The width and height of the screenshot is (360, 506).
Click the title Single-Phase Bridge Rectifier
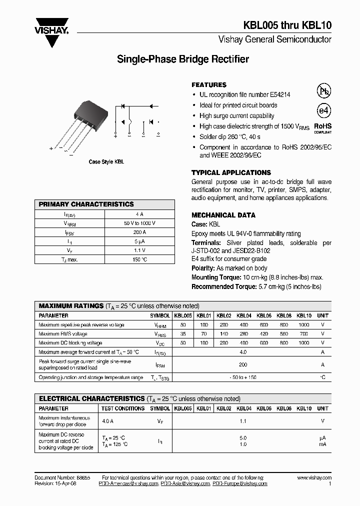[182, 59]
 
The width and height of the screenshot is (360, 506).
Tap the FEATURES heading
[209, 85]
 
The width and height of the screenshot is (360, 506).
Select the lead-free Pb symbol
[324, 91]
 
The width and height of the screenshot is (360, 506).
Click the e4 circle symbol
[324, 110]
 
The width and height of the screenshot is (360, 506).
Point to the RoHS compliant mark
[322, 128]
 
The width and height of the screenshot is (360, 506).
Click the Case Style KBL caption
[106, 162]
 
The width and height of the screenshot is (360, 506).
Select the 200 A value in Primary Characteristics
[139, 232]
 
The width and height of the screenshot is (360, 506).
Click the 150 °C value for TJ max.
[139, 259]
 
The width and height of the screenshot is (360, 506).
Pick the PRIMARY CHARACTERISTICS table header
[86, 204]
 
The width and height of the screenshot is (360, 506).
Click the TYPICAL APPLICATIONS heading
[231, 172]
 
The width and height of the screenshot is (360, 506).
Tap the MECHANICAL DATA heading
[223, 215]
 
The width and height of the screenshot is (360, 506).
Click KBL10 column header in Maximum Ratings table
[304, 316]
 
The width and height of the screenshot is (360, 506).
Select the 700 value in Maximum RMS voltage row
[304, 334]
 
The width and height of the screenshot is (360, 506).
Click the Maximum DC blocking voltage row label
[70, 343]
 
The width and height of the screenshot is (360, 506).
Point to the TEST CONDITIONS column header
[122, 408]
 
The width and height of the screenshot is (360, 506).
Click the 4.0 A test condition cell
[107, 421]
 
